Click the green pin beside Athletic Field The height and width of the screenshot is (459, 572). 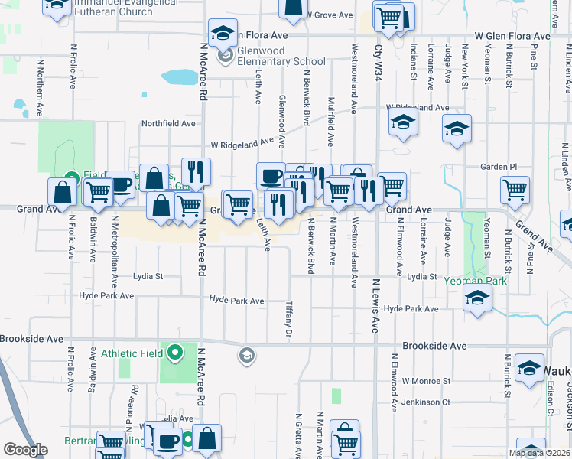(175, 353)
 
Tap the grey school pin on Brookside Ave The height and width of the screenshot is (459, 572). (246, 355)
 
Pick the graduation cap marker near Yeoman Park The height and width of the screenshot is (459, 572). (477, 298)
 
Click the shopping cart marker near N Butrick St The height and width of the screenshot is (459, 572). (515, 190)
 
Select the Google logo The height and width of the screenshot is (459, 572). (25, 450)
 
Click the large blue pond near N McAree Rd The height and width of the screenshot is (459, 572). (179, 76)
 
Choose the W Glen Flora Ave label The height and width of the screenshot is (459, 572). (512, 36)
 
